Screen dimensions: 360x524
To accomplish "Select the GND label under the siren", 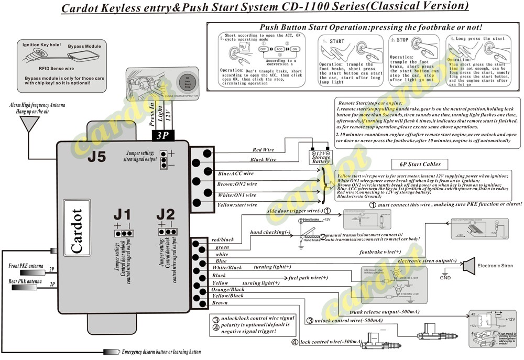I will click(x=445, y=278).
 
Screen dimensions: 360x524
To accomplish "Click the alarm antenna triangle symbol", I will click(x=28, y=125).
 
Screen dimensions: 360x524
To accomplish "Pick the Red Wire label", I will click(x=264, y=150).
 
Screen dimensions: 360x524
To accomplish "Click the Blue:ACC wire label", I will click(x=236, y=173).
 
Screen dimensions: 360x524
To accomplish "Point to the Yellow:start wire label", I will click(x=237, y=205).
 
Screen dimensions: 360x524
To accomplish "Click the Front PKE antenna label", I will click(x=25, y=266).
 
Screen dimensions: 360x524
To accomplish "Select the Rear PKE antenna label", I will click(x=25, y=282).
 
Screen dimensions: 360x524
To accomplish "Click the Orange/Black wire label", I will click(x=227, y=289).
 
